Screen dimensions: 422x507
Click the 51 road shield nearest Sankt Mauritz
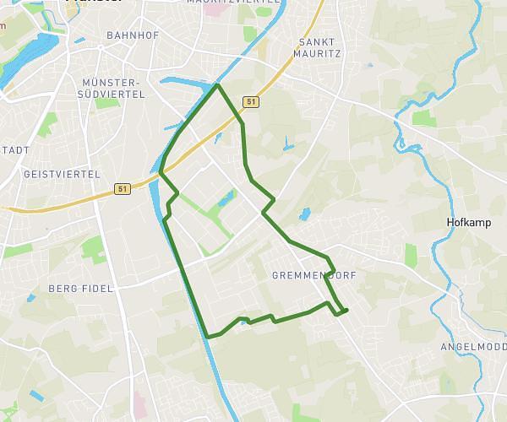point(251,101)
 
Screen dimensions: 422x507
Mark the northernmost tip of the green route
point(218,85)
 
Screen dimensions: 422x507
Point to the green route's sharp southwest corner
point(207,337)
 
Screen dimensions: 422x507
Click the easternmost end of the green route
point(346,310)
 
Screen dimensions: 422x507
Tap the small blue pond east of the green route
point(304,214)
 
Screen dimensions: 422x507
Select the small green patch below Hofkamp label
point(411,256)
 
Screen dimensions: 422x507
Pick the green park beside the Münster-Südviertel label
point(106,103)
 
